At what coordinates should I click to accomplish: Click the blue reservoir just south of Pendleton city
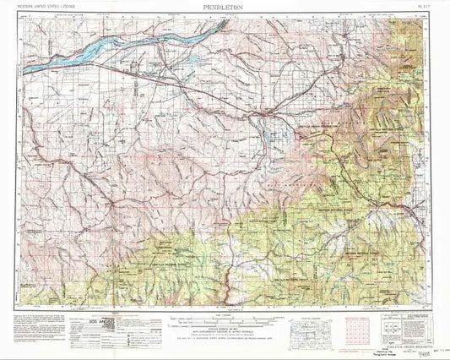[x=276, y=134]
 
